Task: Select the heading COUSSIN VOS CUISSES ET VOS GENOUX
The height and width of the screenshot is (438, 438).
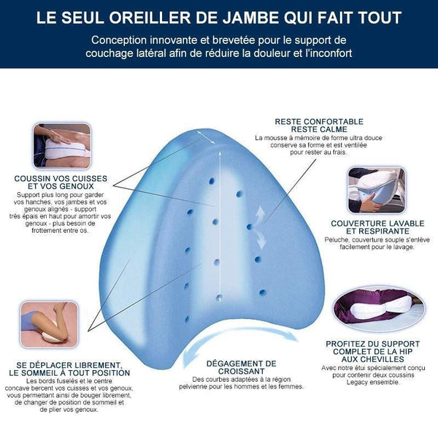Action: click(61, 182)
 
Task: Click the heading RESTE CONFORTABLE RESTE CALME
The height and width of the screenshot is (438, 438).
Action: click(319, 126)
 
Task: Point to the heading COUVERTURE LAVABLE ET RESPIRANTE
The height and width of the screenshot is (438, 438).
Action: click(377, 227)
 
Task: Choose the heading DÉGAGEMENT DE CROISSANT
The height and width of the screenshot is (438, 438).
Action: click(242, 367)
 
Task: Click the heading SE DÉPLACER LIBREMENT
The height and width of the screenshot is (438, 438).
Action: click(69, 365)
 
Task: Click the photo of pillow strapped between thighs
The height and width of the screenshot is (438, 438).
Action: click(62, 145)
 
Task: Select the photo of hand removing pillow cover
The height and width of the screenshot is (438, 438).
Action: click(377, 190)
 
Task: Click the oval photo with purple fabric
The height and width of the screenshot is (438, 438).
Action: click(379, 309)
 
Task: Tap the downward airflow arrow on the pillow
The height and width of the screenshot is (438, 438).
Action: click(261, 239)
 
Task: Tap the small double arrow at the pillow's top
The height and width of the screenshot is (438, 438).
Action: click(206, 137)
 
